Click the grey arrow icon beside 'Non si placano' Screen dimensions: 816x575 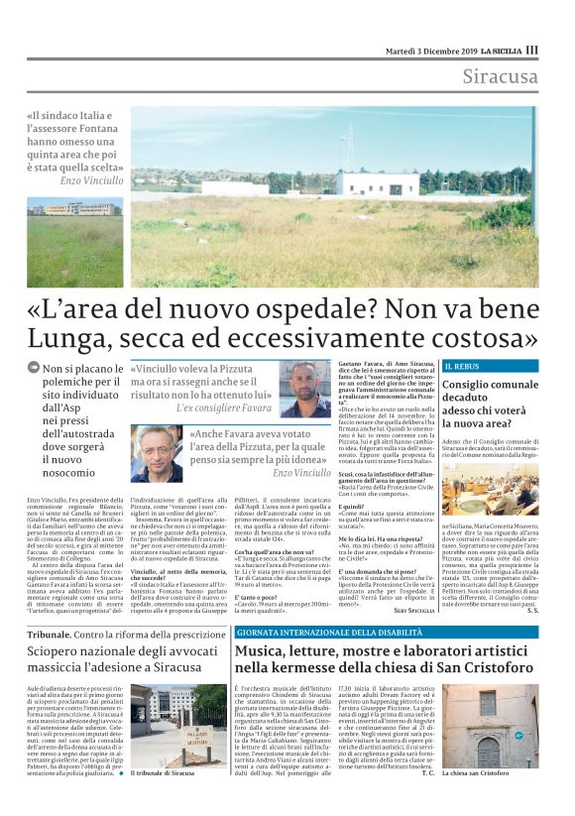[34, 369]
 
